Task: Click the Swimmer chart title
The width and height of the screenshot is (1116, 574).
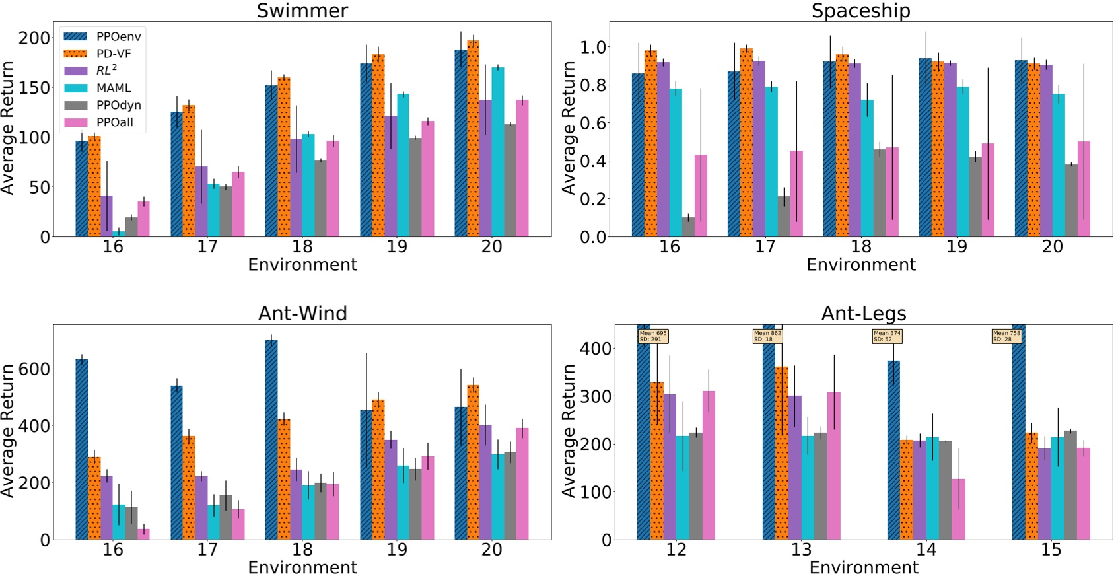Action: [302, 11]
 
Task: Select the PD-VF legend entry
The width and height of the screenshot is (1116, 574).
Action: [114, 54]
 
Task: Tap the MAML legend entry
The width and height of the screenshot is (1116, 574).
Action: [114, 88]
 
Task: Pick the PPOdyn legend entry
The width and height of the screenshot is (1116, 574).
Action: [118, 105]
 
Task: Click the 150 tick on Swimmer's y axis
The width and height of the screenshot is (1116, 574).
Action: [34, 88]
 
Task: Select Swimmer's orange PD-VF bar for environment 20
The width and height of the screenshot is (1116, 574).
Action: [473, 139]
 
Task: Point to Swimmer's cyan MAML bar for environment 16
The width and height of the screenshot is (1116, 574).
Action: [118, 234]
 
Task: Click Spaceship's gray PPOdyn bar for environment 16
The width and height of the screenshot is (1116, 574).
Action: [688, 227]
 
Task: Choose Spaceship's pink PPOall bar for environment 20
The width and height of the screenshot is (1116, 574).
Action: [1084, 190]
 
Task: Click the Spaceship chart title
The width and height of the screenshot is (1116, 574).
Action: [860, 11]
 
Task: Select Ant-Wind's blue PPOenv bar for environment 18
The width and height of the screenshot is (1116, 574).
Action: [271, 440]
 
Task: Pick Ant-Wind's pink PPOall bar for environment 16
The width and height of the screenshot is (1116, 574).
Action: [143, 534]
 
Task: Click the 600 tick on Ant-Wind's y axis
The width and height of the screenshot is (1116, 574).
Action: [34, 369]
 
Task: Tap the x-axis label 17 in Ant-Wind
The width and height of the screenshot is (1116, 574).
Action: [207, 550]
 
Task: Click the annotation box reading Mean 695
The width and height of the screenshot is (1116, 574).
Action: [653, 336]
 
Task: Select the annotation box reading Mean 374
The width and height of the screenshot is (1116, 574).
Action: [887, 336]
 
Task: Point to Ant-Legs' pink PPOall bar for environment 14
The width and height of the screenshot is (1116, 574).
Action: [958, 509]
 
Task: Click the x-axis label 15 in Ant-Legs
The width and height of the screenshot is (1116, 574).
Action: [1051, 550]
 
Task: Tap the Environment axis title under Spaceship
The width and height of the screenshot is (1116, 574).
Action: [860, 265]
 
